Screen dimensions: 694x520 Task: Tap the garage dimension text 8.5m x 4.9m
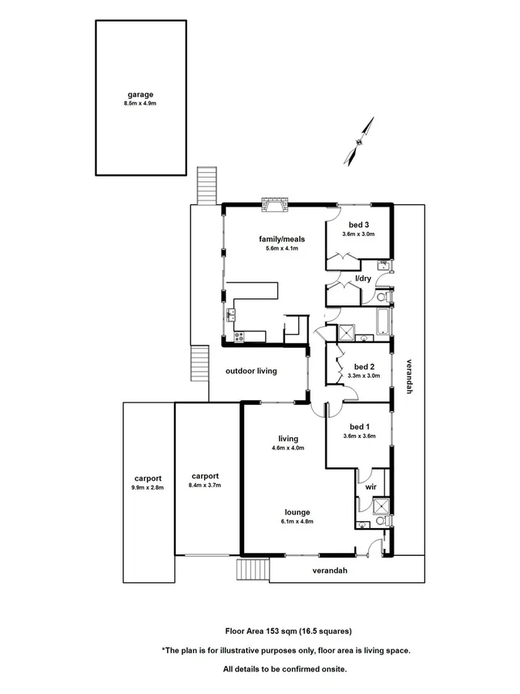point(139,103)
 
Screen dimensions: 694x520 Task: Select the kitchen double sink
point(231,314)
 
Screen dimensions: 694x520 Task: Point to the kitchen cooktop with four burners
point(240,336)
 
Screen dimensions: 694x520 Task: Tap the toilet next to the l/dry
point(383,296)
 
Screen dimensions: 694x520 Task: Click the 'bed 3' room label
point(357,224)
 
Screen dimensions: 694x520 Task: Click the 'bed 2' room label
point(364,366)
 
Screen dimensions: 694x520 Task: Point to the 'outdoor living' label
point(251,371)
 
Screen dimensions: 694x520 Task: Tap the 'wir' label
point(370,487)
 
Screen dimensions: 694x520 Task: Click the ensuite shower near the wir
point(380,506)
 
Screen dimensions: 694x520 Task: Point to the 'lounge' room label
point(297,512)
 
